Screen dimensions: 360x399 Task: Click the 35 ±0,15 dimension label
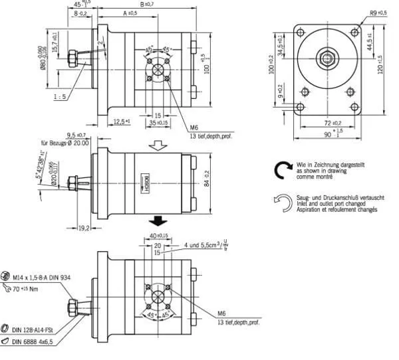click(x=158, y=123)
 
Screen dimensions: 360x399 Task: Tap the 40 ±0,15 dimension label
click(x=158, y=236)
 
